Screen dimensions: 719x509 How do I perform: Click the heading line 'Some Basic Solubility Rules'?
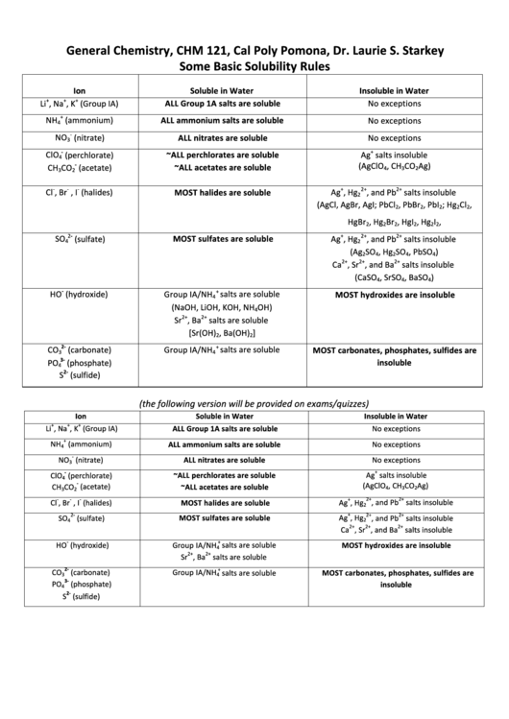click(x=254, y=67)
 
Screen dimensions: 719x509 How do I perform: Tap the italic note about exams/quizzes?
click(x=254, y=403)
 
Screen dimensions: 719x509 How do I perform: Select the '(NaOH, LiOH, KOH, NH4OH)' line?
click(x=222, y=308)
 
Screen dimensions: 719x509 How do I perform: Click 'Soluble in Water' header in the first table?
click(x=222, y=91)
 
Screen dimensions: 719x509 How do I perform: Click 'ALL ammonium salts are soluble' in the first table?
click(x=224, y=121)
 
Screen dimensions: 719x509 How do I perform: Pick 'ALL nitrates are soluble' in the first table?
click(x=222, y=138)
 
